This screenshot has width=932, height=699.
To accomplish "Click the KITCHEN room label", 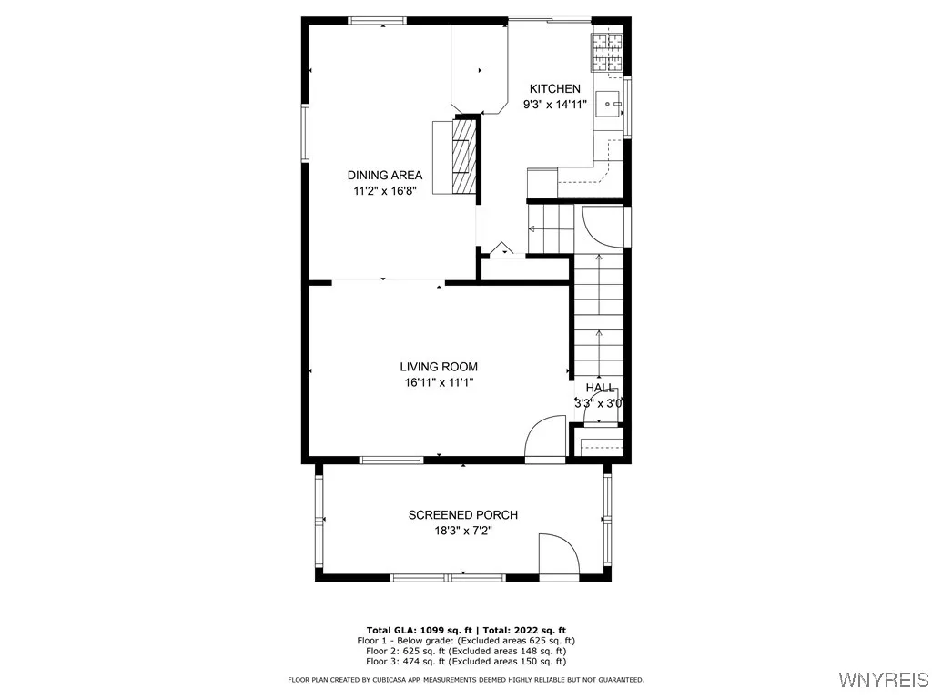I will tap(555, 88).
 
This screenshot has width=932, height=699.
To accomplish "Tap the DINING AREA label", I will tap(384, 175).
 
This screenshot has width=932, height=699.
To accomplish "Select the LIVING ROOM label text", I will tap(439, 367).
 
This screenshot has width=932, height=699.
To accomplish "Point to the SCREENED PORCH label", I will tap(462, 515).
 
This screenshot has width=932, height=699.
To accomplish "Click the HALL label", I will tap(600, 387).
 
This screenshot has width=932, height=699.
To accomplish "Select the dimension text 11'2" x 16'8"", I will tap(384, 191).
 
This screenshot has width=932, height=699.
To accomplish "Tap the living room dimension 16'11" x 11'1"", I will tap(439, 383).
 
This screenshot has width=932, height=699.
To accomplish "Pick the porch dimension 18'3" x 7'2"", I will tap(462, 532).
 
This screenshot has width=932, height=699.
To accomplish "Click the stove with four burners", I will tap(606, 53).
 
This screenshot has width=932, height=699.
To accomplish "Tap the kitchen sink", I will tap(607, 105).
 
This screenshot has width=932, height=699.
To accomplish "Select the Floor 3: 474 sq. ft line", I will tap(465, 662).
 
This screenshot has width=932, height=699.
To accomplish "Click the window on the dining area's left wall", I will tap(306, 133).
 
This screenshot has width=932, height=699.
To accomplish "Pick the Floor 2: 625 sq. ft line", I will tap(465, 651).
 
